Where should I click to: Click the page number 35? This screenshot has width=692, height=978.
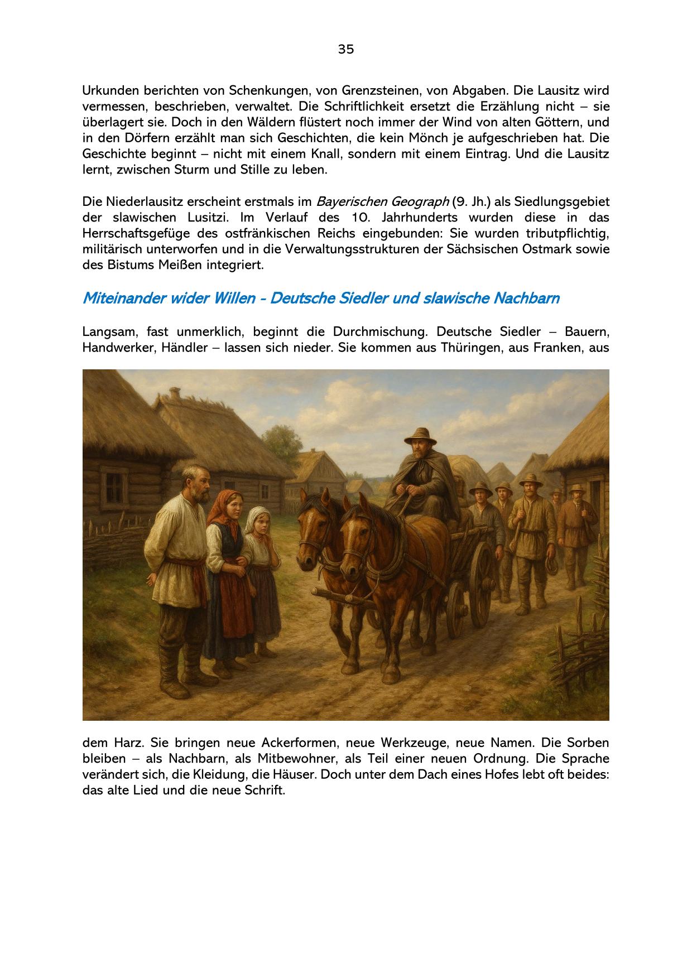click(345, 49)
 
